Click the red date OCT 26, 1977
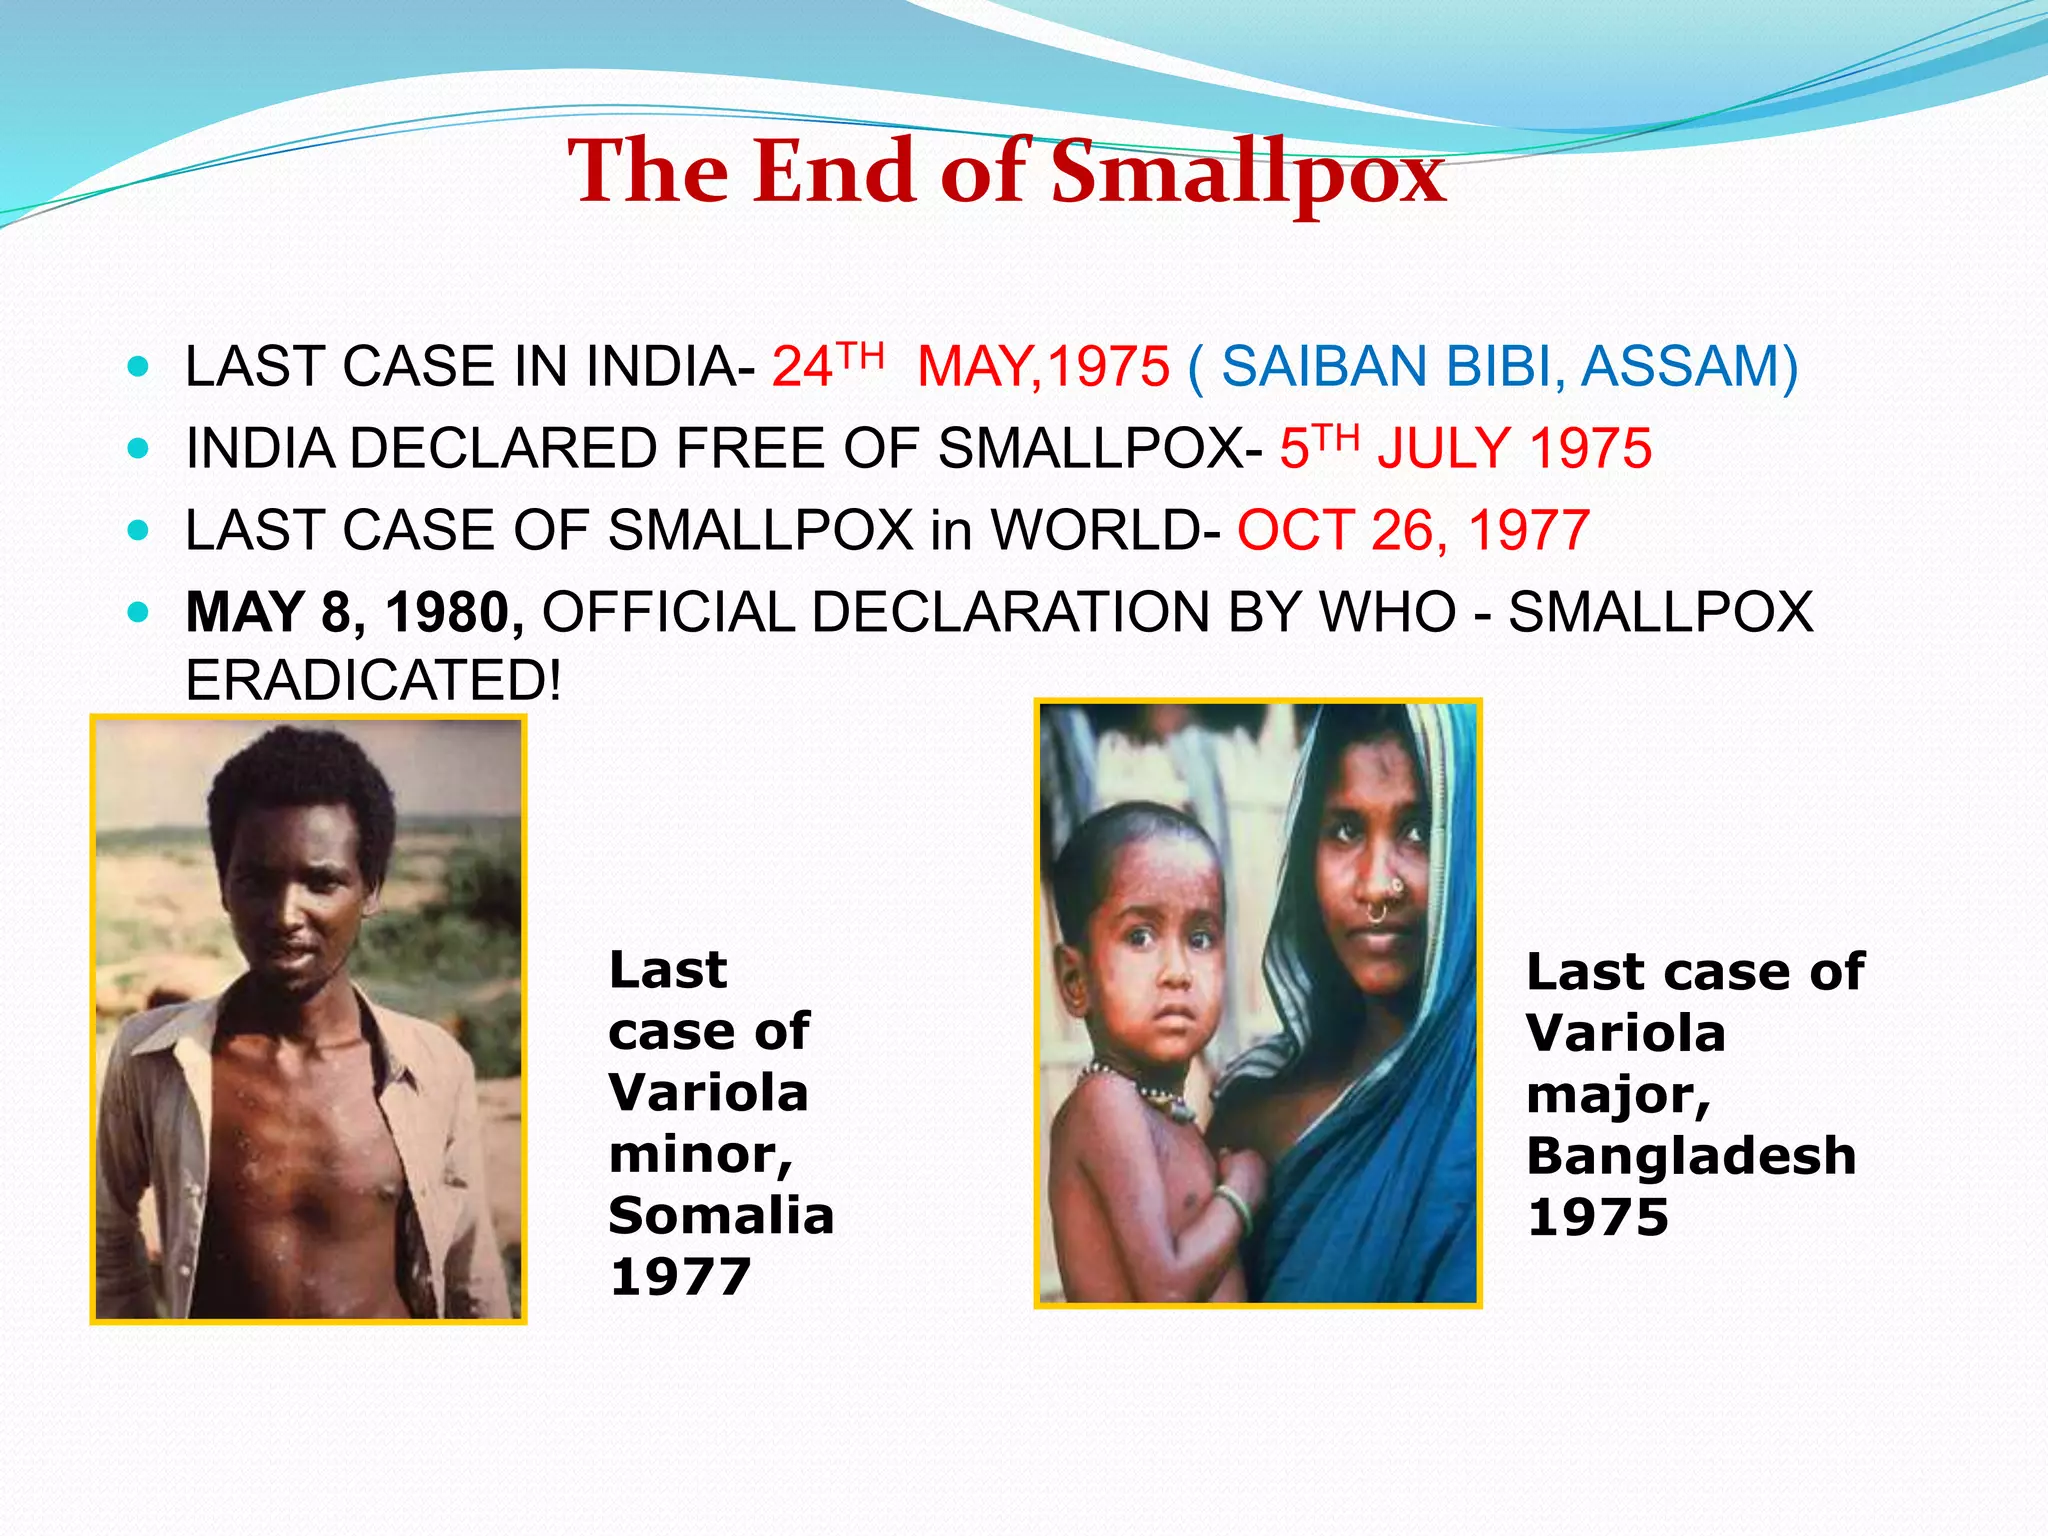(1413, 530)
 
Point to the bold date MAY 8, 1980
(355, 612)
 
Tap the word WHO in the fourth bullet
(1388, 612)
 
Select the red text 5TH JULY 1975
(1465, 448)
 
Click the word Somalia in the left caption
(721, 1216)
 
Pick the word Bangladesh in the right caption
(1691, 1156)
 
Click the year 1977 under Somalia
(680, 1277)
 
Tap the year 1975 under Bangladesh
(1598, 1217)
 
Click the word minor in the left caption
(699, 1155)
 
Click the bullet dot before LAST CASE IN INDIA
(139, 367)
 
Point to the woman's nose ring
(1380, 908)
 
